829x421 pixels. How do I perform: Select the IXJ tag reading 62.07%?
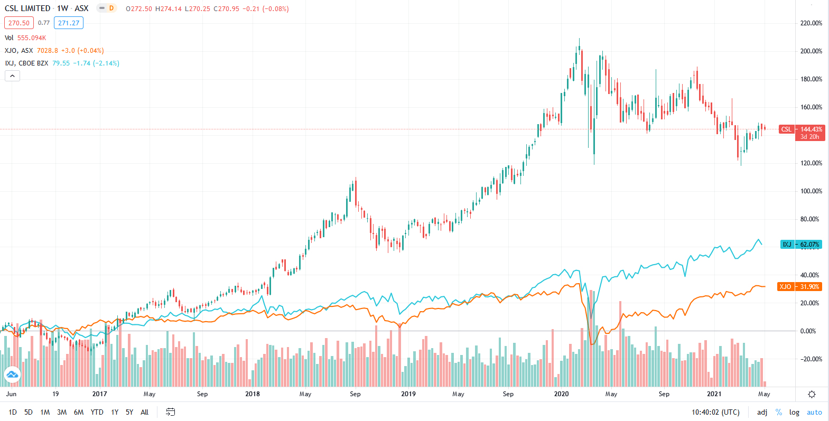(800, 245)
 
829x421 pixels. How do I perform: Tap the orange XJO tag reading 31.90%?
(799, 287)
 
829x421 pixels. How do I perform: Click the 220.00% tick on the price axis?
(811, 23)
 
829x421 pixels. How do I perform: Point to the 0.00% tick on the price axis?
(808, 331)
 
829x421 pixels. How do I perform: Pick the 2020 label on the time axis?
(561, 394)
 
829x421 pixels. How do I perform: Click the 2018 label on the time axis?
(253, 394)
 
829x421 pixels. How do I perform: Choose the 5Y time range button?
(129, 412)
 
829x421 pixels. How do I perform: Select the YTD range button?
(97, 412)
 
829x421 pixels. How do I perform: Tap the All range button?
(144, 412)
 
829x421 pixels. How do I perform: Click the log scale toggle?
(794, 412)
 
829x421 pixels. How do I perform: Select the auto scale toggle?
(814, 412)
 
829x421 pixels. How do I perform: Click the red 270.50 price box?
(19, 23)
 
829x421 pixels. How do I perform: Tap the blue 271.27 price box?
(69, 23)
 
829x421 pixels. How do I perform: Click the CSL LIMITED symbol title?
(27, 8)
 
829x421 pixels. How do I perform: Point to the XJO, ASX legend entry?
(19, 51)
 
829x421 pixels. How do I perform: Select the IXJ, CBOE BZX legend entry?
(26, 63)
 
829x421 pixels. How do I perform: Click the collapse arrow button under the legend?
(12, 76)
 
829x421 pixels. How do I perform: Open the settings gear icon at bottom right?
(812, 395)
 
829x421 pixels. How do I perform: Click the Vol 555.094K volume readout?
(25, 38)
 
